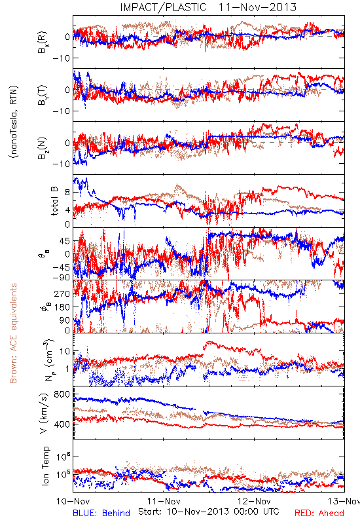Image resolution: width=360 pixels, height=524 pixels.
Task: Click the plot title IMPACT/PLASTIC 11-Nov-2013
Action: click(x=208, y=7)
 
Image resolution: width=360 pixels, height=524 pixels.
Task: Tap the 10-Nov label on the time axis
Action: click(x=73, y=501)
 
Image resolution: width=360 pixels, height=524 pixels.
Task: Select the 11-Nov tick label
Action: click(x=164, y=501)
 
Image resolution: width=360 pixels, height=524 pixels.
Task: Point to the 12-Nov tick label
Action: click(x=254, y=501)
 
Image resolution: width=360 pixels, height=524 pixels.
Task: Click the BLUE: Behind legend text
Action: click(x=101, y=513)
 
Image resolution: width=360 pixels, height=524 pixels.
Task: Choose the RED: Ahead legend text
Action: click(x=319, y=513)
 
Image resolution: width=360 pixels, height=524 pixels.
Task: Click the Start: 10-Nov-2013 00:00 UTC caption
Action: click(x=209, y=512)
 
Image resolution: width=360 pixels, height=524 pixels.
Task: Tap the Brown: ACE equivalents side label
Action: click(x=13, y=333)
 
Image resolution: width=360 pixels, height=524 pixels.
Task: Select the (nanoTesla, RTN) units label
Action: click(x=14, y=122)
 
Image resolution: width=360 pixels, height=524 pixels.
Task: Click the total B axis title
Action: click(x=54, y=201)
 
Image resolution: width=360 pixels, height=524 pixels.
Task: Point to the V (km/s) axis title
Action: click(x=45, y=413)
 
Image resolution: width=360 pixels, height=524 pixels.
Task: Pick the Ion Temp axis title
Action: click(x=45, y=466)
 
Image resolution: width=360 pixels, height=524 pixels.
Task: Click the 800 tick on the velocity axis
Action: click(x=62, y=394)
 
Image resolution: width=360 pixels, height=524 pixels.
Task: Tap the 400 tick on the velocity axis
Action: click(x=62, y=424)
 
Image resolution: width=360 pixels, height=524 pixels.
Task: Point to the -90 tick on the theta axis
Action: click(x=61, y=277)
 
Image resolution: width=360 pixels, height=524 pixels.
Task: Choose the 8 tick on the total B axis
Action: click(x=67, y=192)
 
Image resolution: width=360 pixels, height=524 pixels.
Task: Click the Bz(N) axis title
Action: click(x=43, y=148)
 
